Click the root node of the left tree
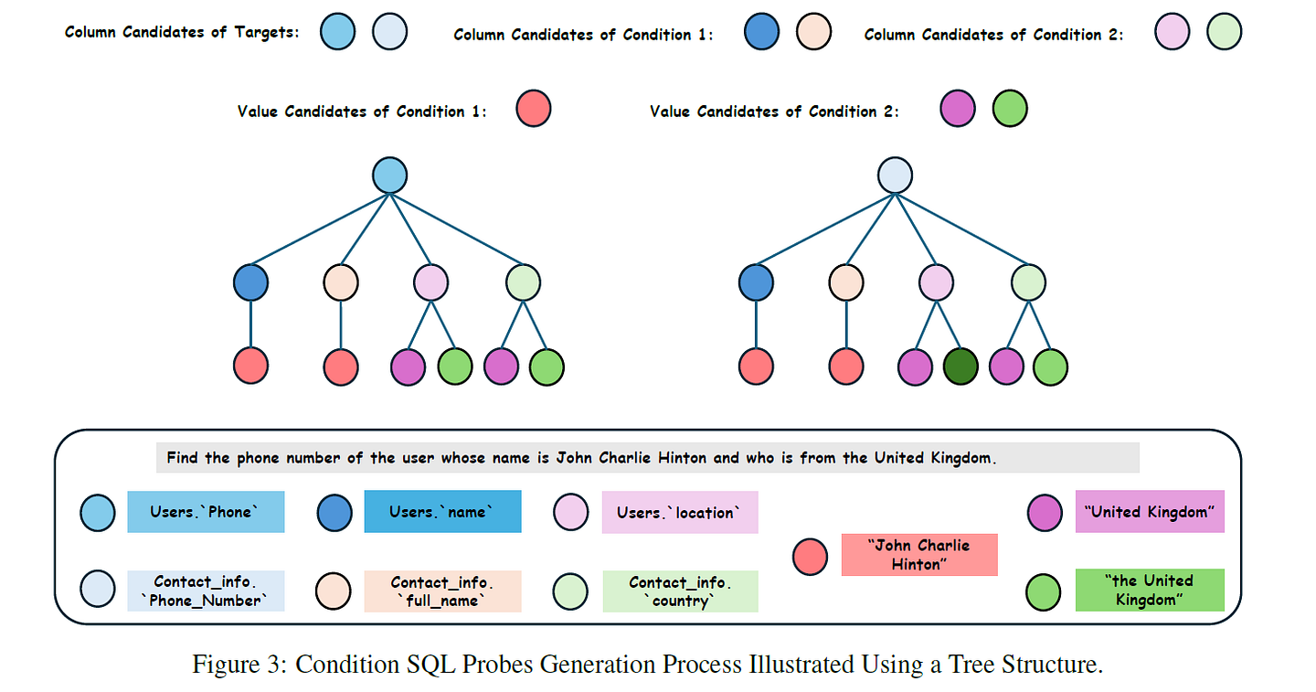click(390, 176)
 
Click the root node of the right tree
click(895, 176)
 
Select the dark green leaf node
click(960, 367)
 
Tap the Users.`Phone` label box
click(206, 512)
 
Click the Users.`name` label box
click(442, 512)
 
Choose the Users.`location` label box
click(680, 512)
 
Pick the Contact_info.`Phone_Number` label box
click(206, 591)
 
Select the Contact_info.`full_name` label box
click(442, 591)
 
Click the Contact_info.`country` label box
click(680, 591)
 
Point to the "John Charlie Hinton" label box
click(919, 555)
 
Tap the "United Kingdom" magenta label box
click(1149, 512)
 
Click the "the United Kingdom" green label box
click(1149, 591)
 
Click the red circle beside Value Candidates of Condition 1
click(534, 109)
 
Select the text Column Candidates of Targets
click(182, 33)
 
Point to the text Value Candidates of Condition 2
click(774, 112)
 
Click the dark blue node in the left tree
click(250, 282)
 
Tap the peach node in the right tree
click(846, 282)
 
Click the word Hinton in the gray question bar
click(681, 457)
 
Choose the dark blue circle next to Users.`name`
click(334, 513)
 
